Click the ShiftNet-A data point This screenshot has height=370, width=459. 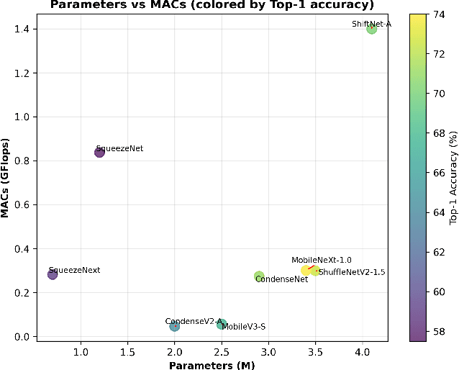coord(371,29)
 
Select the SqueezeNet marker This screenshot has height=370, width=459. coord(99,152)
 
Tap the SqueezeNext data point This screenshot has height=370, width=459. coord(53,274)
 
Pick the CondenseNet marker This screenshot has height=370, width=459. coord(259,276)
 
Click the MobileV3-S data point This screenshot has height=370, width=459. coord(222,325)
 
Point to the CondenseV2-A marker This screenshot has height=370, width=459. coord(175,326)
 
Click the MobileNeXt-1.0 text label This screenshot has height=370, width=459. coord(321,261)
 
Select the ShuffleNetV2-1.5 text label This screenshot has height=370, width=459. coord(353,272)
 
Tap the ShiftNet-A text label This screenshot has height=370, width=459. coord(371,24)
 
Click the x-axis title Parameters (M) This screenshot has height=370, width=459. coord(212,366)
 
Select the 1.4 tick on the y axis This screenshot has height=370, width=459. coord(24,29)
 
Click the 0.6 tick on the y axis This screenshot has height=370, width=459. coord(24,204)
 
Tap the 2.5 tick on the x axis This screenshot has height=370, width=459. coord(222,351)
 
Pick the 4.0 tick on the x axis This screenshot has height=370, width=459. coord(363,351)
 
